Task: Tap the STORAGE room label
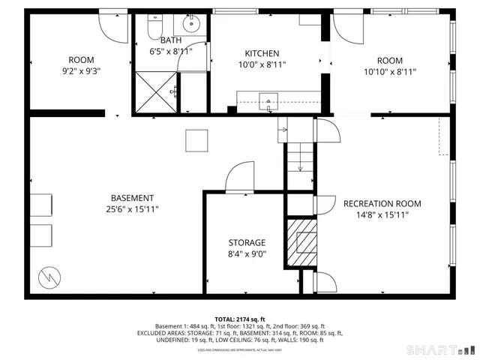click(x=247, y=243)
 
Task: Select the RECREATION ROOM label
click(x=382, y=203)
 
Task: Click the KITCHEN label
click(x=262, y=53)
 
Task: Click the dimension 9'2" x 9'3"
click(x=81, y=72)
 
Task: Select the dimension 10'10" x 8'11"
click(x=389, y=72)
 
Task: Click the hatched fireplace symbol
click(x=304, y=241)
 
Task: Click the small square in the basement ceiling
click(x=196, y=140)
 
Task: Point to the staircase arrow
click(x=300, y=161)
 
